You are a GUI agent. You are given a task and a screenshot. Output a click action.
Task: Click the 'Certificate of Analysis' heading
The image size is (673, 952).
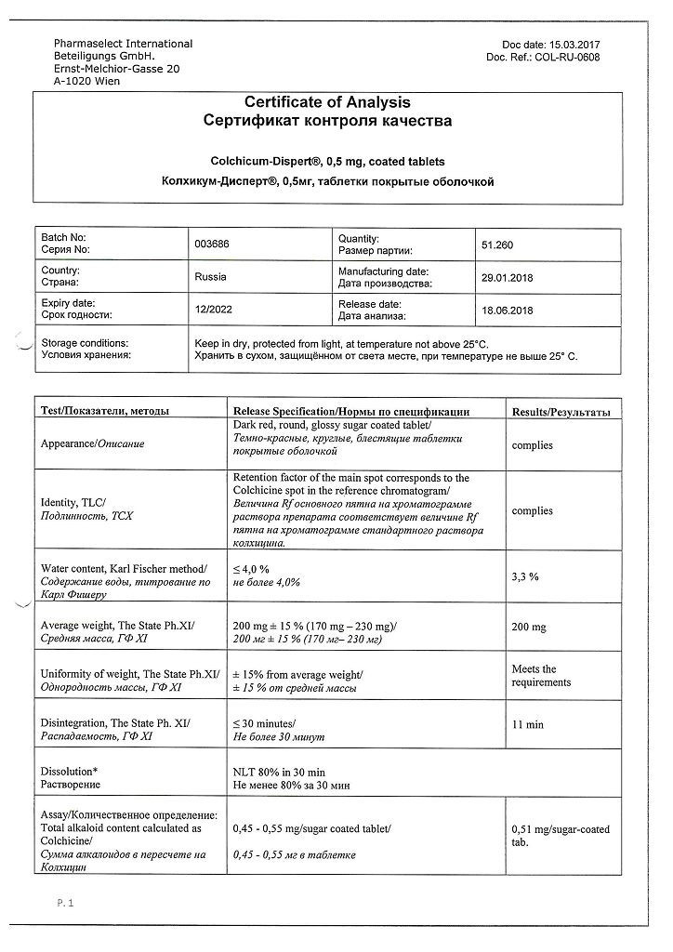[x=326, y=103]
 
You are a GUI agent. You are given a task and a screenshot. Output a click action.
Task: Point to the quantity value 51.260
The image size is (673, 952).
[x=497, y=245]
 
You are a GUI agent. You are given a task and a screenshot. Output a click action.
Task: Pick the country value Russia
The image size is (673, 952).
[x=211, y=276]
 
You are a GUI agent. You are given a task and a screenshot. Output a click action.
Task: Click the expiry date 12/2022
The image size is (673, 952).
[x=211, y=310]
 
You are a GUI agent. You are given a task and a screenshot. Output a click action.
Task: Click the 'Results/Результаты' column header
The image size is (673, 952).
[x=561, y=411]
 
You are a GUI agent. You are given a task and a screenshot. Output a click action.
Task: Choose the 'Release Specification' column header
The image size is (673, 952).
[x=350, y=411]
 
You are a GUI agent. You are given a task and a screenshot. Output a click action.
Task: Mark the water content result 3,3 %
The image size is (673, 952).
[x=526, y=576]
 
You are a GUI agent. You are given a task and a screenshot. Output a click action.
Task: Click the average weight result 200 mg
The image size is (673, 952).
[x=530, y=628]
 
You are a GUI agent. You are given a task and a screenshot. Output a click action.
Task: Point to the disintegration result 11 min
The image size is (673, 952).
[x=528, y=724]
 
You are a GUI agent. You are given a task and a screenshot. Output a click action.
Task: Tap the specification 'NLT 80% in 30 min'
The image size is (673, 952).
[x=279, y=772]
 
